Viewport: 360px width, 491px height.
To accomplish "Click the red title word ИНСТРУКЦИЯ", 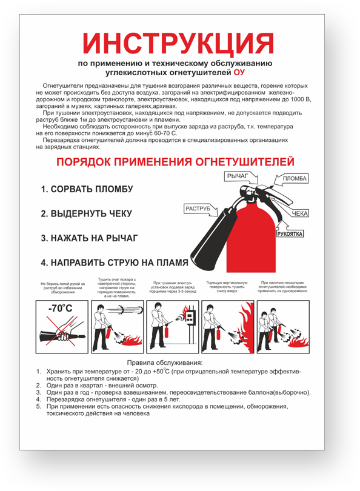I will point(178,43).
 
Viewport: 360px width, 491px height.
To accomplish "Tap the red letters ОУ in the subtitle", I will point(239,72).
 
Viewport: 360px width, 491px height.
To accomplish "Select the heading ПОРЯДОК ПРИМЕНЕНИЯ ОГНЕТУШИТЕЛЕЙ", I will point(176,162).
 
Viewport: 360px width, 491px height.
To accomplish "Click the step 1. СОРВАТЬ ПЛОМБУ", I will point(87,190).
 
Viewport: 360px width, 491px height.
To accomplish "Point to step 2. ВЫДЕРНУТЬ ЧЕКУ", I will point(86,214).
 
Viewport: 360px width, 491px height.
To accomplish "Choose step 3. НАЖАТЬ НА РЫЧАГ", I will point(90,238).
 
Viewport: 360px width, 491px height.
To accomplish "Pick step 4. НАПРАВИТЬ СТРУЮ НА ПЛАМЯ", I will point(115,263).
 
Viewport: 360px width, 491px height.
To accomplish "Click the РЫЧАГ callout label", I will point(238,176).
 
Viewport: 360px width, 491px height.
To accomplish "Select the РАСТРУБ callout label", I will point(198,209).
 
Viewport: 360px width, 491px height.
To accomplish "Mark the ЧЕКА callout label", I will point(300,213).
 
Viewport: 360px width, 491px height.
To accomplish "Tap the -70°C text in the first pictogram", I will point(60,309).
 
